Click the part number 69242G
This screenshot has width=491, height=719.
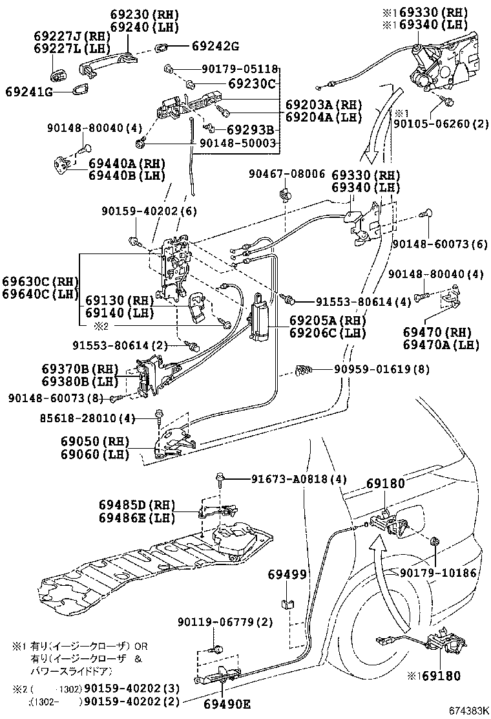[216, 47]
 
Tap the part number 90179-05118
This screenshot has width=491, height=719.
[238, 69]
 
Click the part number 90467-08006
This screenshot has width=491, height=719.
[287, 173]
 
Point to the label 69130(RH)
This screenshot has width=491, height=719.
[119, 301]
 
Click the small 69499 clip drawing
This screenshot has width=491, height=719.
[286, 606]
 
